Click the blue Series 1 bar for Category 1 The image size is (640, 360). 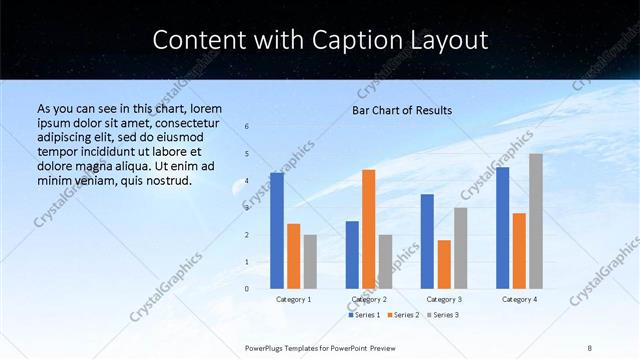(x=277, y=231)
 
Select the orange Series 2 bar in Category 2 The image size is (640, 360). (x=369, y=229)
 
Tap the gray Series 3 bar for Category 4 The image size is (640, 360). (x=536, y=221)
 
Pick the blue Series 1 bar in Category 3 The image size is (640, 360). (x=427, y=241)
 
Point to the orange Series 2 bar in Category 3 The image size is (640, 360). (x=444, y=264)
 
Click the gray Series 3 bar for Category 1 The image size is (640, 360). (x=310, y=261)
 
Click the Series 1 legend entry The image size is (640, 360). (x=364, y=315)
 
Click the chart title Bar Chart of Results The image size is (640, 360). (x=402, y=110)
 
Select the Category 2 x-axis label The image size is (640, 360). (x=369, y=299)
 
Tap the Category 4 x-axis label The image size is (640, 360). (x=519, y=299)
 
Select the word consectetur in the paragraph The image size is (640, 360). (x=179, y=122)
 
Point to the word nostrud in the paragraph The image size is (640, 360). (x=162, y=180)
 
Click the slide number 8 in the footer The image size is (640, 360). (x=590, y=347)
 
